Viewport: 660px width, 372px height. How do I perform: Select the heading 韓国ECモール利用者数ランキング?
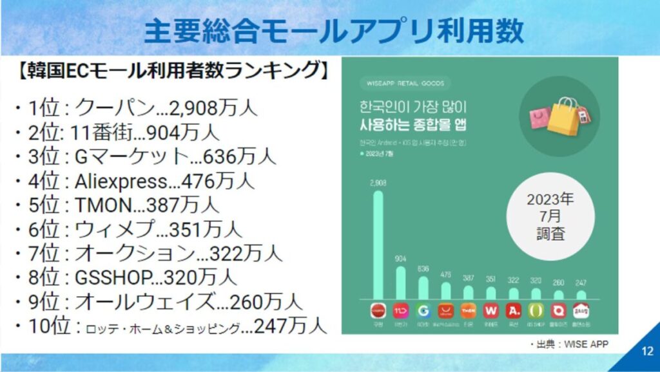click(171, 71)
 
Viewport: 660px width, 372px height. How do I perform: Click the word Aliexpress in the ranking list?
click(126, 181)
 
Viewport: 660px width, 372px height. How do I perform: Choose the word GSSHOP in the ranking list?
click(114, 277)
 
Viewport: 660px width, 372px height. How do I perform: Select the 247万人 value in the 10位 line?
click(290, 326)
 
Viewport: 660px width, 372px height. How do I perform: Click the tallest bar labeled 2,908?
click(378, 245)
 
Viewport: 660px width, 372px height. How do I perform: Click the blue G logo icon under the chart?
click(423, 311)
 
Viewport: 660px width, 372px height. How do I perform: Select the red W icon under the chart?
click(490, 311)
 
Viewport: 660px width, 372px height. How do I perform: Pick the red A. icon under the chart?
click(513, 311)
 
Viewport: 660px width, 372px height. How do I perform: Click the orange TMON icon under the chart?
click(468, 311)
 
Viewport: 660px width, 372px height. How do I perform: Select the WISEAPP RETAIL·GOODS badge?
click(400, 84)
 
